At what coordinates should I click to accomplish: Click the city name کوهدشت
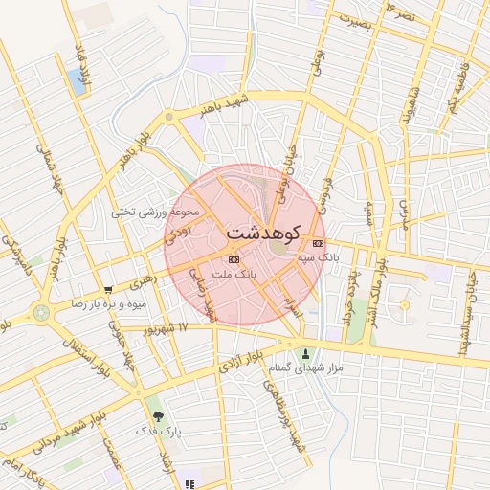click(263, 233)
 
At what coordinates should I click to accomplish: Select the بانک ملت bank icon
click(234, 259)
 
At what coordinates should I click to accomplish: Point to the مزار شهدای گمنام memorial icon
click(306, 353)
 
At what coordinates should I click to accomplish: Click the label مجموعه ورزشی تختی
click(155, 212)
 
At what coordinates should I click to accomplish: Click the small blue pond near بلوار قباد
click(76, 81)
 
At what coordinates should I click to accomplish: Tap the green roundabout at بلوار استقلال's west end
click(40, 312)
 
